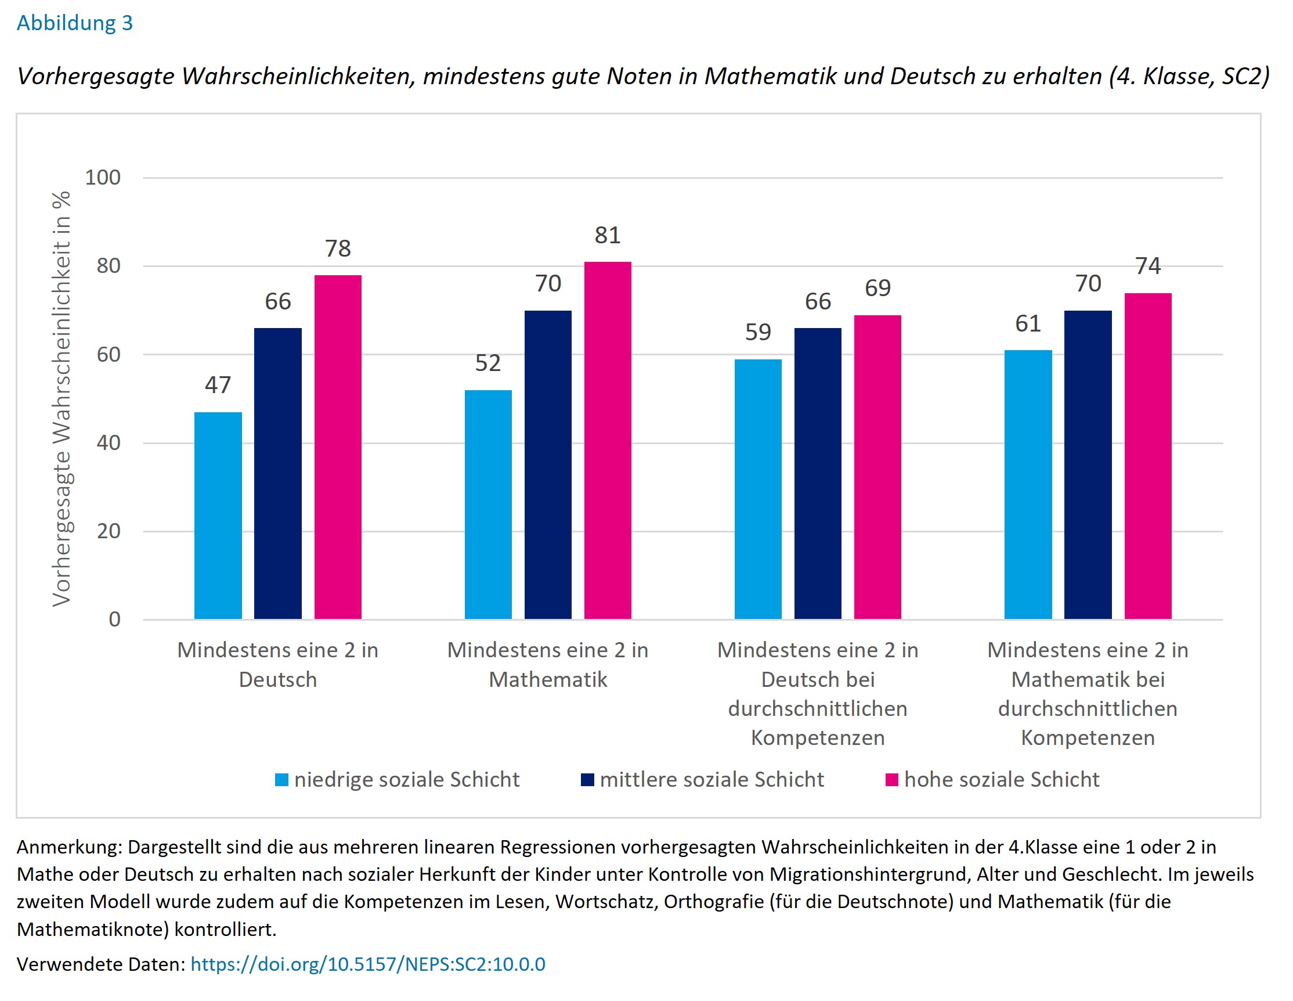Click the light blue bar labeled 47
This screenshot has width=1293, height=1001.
coord(218,516)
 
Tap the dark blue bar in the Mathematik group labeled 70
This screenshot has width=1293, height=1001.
coord(548,465)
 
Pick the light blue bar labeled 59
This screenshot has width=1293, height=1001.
coord(758,489)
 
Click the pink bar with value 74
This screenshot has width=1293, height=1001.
coord(1147,455)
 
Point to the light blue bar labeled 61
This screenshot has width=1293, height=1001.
coord(1028,484)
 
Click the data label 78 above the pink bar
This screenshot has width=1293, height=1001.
coord(337,248)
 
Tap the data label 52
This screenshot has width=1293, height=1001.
coord(488,363)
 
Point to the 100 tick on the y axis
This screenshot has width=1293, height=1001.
coord(103,177)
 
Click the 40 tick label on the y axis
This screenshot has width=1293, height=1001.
coord(109,442)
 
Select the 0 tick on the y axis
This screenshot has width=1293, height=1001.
coord(114,619)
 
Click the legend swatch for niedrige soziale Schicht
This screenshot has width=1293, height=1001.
coord(282,779)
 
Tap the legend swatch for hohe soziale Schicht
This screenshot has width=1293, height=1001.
coord(891,779)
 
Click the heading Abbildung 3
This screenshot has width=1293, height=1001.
coord(75,23)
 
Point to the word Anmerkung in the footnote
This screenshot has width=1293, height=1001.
coord(68,847)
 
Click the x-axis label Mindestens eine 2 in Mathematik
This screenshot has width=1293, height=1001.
coord(548,664)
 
